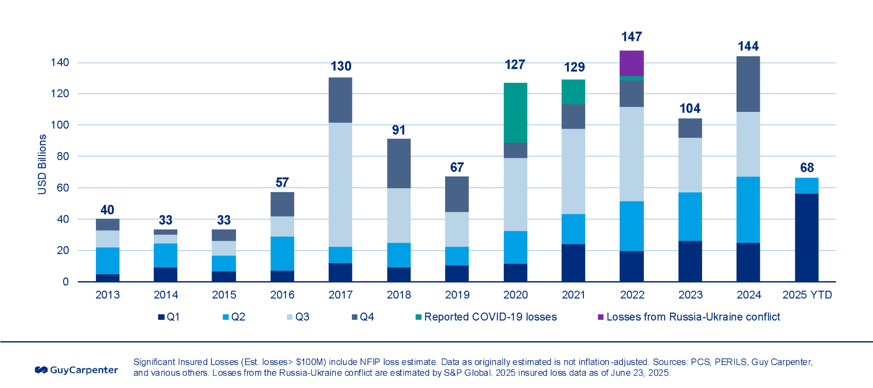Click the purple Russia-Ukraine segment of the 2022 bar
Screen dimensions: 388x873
pyautogui.click(x=632, y=63)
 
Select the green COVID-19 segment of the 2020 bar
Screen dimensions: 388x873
pyautogui.click(x=515, y=112)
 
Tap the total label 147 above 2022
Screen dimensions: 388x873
pyautogui.click(x=632, y=36)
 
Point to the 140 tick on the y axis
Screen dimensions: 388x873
pyautogui.click(x=60, y=62)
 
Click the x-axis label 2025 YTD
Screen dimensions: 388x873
pyautogui.click(x=807, y=295)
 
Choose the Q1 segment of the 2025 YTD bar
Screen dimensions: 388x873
pyautogui.click(x=807, y=237)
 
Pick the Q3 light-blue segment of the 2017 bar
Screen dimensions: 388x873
pyautogui.click(x=340, y=184)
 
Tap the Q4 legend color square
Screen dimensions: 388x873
pyautogui.click(x=355, y=317)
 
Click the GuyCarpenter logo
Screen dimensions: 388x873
pyautogui.click(x=76, y=370)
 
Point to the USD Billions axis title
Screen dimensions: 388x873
pyautogui.click(x=42, y=164)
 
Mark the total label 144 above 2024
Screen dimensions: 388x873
pyautogui.click(x=748, y=46)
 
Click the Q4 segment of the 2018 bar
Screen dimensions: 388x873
pyautogui.click(x=399, y=163)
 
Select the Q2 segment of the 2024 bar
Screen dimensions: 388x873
pyautogui.click(x=748, y=209)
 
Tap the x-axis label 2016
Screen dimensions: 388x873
pyautogui.click(x=282, y=295)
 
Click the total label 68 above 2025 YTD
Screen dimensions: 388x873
pyautogui.click(x=807, y=167)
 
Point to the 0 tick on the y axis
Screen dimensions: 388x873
pyautogui.click(x=65, y=282)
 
